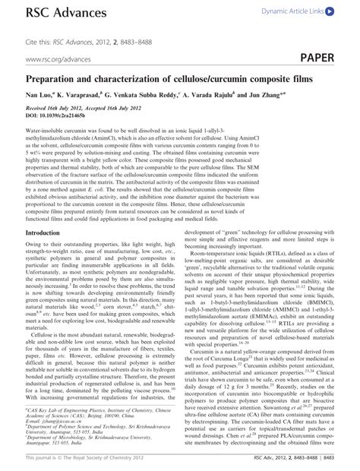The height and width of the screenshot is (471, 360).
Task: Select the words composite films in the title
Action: pyautogui.click(x=279, y=78)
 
